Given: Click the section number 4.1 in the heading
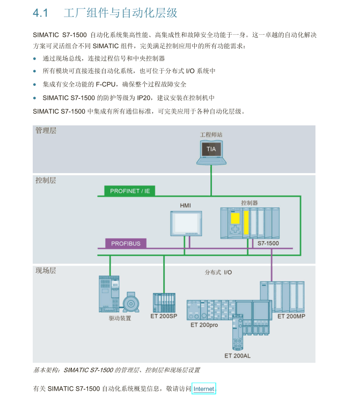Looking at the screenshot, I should coord(41,13).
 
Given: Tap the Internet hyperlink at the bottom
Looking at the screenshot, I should coord(204,388).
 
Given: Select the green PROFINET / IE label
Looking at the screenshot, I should coord(130,191).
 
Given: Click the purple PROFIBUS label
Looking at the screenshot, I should coord(126,243).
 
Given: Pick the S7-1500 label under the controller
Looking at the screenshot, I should coord(268,243).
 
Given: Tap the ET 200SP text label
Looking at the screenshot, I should coord(164,316).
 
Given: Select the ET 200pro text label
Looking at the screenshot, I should coord(204,325).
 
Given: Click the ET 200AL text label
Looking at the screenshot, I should coord(237,355).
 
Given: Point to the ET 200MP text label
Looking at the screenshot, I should coord(291,316).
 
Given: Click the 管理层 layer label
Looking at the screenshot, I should coord(46,131).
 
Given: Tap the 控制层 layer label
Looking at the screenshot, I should coord(46,181).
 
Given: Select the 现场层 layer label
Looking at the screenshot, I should coord(46,271).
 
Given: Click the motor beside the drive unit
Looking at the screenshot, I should coord(130,303).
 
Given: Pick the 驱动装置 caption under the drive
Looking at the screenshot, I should coord(120,318).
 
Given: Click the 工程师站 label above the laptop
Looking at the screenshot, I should coord(211,134).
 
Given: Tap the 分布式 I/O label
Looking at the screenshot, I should coord(218,272).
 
